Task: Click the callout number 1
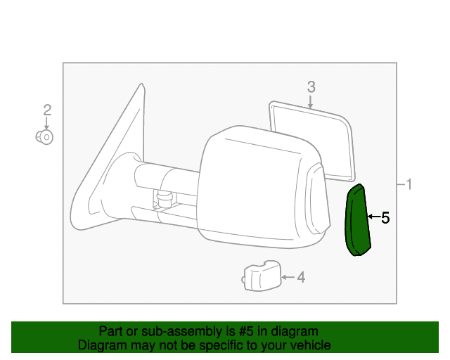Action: pos(409,184)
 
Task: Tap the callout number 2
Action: pos(47,110)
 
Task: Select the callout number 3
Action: pos(311,86)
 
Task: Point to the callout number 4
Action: pos(301,277)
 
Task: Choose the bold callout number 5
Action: pos(385,218)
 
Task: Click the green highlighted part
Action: pos(358,221)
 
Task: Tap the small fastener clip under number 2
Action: pos(44,137)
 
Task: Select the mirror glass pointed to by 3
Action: pos(313,141)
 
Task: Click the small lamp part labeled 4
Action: pos(261,276)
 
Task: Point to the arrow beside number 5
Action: pos(374,217)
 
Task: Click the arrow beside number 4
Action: pos(288,277)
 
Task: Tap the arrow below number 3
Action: pos(310,102)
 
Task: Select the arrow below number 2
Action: pos(46,124)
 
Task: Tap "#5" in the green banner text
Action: pos(246,331)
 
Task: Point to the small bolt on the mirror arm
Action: pos(165,199)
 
